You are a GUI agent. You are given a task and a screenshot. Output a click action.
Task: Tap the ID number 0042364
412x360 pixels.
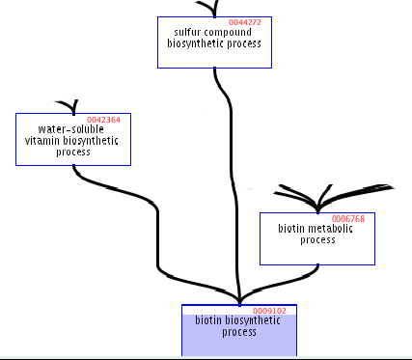[x=103, y=120]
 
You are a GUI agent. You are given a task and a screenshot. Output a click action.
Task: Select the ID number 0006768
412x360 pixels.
[x=347, y=219]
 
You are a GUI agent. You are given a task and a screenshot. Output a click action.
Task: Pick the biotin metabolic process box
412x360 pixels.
[x=316, y=251]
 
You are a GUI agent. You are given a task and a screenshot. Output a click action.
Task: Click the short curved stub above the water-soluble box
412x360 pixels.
[x=67, y=104]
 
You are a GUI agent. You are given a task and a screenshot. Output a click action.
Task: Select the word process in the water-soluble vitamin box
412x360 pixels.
[x=72, y=152]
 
